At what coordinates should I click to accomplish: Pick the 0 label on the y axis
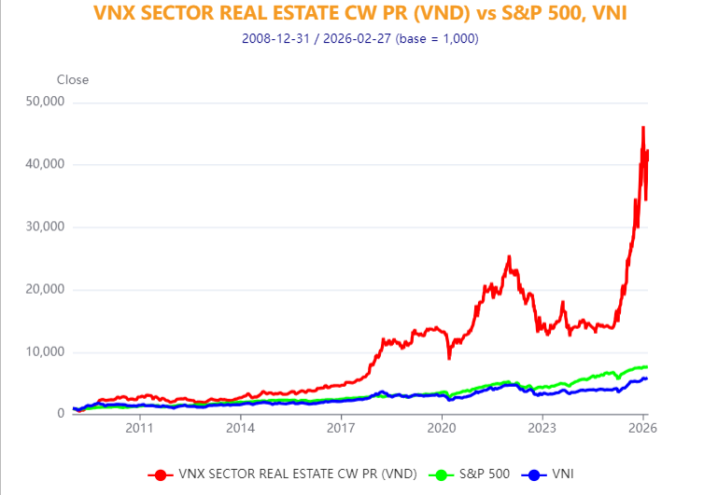coord(59,413)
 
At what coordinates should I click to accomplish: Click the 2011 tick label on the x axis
coord(139,429)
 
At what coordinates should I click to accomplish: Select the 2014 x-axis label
coord(240,429)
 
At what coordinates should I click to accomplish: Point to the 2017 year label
coord(341,429)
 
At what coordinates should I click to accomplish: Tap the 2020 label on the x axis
coord(442,429)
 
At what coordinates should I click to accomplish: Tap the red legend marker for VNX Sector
coord(161,474)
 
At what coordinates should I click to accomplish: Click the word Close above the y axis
coord(73,79)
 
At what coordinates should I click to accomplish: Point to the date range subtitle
coord(359,38)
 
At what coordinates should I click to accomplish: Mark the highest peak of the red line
coord(642,127)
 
